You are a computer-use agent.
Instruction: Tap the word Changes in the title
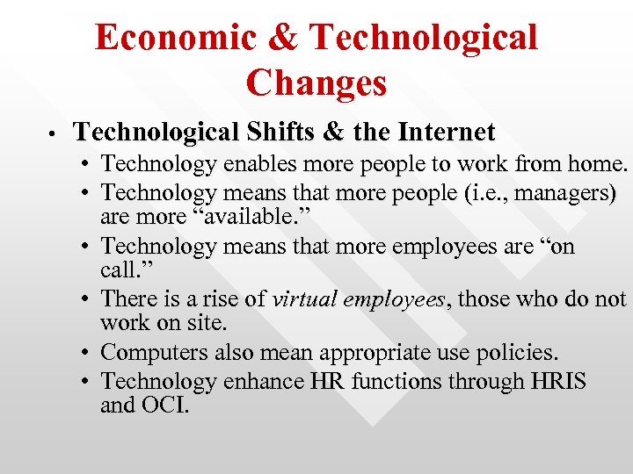(316, 83)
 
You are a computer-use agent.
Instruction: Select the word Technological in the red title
(424, 37)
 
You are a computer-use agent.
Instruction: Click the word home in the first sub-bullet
(598, 163)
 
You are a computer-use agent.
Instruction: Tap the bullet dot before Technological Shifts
(54, 134)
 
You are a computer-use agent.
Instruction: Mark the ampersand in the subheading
(333, 133)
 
